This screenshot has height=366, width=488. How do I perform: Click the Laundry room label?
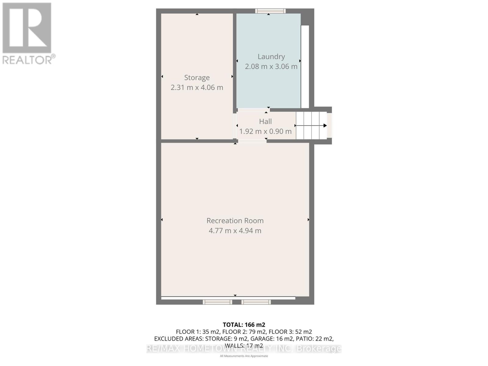(271, 56)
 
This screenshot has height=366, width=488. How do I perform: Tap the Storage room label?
(197, 77)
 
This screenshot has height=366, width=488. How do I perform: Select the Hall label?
(265, 121)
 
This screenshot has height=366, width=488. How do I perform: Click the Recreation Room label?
(235, 221)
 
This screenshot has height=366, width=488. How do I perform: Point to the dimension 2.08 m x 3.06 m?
(271, 66)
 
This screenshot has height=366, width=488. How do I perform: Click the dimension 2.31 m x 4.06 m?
(197, 88)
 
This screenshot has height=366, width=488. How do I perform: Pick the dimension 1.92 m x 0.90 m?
(265, 131)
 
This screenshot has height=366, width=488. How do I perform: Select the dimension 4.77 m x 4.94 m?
(235, 231)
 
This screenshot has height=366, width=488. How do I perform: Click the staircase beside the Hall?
(311, 125)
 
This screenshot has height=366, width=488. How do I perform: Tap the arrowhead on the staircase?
(325, 125)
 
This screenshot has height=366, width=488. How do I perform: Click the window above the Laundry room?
(271, 11)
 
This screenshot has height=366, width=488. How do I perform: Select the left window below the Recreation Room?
(217, 302)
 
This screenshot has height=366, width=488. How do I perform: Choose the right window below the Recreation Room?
(256, 302)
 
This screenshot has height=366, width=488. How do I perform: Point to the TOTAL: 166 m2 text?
(244, 325)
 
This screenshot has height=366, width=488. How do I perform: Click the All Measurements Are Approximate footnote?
(244, 356)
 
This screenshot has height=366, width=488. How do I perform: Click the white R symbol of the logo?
(27, 27)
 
